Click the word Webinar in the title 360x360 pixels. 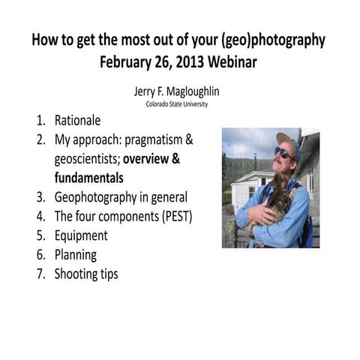coord(227,62)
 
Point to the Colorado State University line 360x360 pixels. coord(177,104)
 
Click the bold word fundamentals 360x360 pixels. coord(88,178)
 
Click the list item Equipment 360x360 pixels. coord(81,236)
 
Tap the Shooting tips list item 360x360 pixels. coord(86,274)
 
